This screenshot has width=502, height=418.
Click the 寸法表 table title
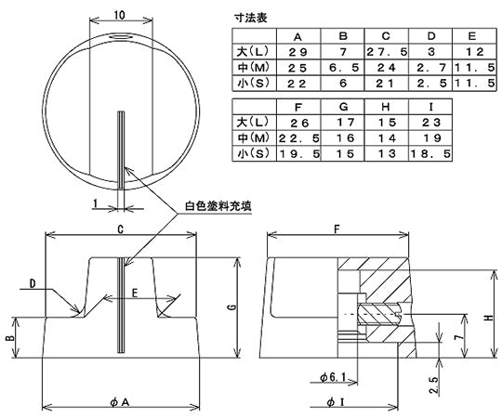pos(254,17)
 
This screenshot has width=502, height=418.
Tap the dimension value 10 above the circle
pos(121,15)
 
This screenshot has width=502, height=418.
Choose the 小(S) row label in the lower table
pos(253,154)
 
